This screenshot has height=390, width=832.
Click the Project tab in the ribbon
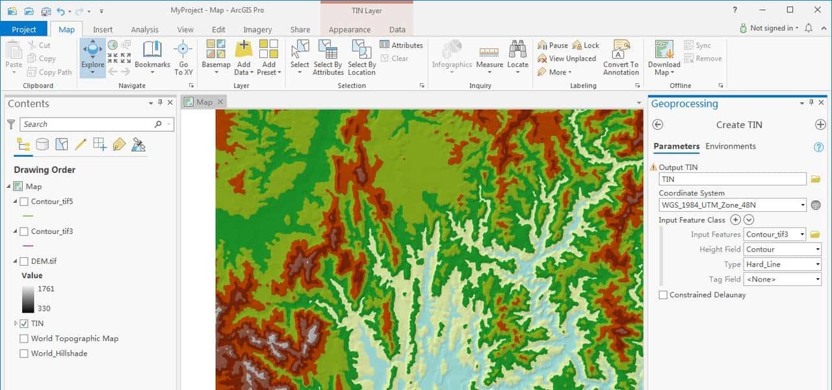coord(24,29)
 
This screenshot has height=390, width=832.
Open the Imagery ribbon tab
coord(257,29)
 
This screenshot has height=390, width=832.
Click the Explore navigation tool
coord(92,57)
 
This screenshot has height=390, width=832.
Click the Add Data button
coord(243,57)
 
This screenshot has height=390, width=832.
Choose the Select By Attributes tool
coord(328,57)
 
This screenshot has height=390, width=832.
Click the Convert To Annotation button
coord(621,57)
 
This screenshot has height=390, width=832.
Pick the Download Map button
coord(664,57)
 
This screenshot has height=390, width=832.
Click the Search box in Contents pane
coord(88,124)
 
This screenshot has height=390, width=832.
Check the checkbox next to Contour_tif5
coord(24,201)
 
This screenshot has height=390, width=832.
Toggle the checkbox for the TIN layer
coord(24,323)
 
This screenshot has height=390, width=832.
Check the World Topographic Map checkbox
coord(24,338)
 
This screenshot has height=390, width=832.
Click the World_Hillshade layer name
coord(59,354)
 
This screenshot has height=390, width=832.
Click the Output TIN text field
coord(733,179)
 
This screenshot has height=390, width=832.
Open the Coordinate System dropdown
coord(733,205)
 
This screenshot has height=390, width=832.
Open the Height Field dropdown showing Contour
coord(782,250)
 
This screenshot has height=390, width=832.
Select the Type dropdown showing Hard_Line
coord(782,265)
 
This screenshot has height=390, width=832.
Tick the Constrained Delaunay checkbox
coord(663,295)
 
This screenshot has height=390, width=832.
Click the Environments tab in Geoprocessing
coord(731,146)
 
